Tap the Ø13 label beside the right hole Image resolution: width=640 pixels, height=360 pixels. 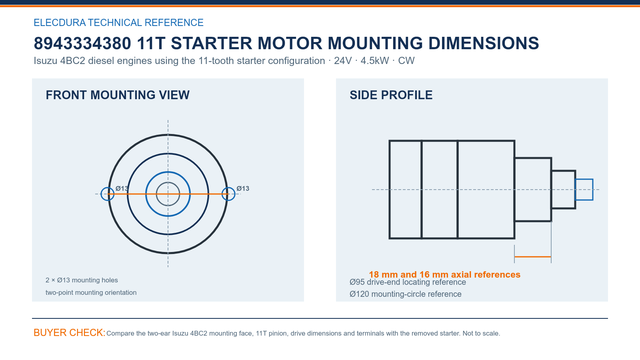click(x=243, y=188)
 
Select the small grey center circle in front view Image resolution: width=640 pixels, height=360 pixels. click(x=168, y=182)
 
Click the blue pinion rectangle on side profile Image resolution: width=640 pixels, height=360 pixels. click(x=584, y=180)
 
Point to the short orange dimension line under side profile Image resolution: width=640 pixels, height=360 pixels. click(x=532, y=257)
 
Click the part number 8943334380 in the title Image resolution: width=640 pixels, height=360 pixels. click(x=82, y=44)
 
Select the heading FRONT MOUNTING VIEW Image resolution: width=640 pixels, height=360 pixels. click(x=118, y=95)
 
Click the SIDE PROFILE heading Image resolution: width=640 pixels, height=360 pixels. click(x=391, y=95)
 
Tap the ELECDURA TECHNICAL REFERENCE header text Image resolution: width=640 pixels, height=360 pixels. click(x=118, y=22)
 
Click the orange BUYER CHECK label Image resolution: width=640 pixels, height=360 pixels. click(x=70, y=332)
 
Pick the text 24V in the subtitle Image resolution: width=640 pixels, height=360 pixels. click(x=343, y=60)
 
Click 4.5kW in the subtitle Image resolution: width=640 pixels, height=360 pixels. click(x=374, y=60)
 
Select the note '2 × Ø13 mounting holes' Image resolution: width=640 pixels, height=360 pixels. click(x=82, y=280)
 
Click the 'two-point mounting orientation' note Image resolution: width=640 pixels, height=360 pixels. click(x=91, y=292)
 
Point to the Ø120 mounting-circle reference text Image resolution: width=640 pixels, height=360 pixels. click(x=406, y=294)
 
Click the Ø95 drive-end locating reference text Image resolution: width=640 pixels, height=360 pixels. click(x=408, y=282)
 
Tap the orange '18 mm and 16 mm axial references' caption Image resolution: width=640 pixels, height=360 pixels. click(x=444, y=274)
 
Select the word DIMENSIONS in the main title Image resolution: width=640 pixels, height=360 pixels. click(x=484, y=44)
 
